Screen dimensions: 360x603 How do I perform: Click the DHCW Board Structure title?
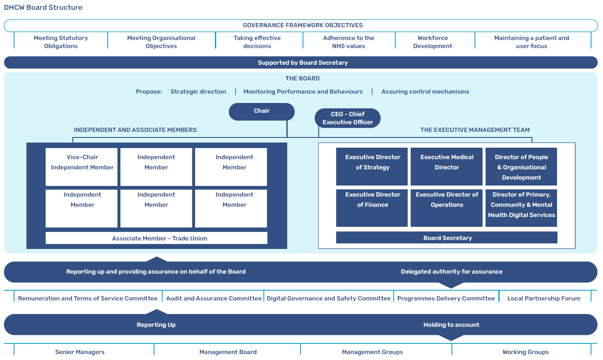point(43,7)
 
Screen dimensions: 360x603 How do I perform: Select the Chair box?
point(262,111)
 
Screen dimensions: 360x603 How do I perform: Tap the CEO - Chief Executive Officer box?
point(347,118)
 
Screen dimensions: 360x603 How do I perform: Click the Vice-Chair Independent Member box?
point(82,166)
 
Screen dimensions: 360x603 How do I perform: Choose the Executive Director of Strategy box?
point(372,166)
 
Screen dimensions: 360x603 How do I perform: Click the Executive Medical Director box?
point(446,166)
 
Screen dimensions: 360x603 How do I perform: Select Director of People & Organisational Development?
point(521,167)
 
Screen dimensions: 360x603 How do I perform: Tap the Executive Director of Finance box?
point(372,208)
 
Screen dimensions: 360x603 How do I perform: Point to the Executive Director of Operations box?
point(446,208)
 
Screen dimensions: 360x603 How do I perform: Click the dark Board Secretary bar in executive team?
point(447,238)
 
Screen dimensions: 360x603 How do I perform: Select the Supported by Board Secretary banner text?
point(303,63)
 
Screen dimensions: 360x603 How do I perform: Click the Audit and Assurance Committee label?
point(214,298)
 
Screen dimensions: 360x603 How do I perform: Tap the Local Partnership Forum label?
point(543,298)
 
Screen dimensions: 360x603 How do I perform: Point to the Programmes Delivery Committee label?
point(446,298)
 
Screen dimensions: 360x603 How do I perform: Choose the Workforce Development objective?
point(432,42)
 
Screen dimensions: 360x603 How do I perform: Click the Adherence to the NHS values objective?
point(348,42)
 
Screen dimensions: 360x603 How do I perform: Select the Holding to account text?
point(451,325)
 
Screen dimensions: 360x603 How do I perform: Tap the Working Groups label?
point(525,352)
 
